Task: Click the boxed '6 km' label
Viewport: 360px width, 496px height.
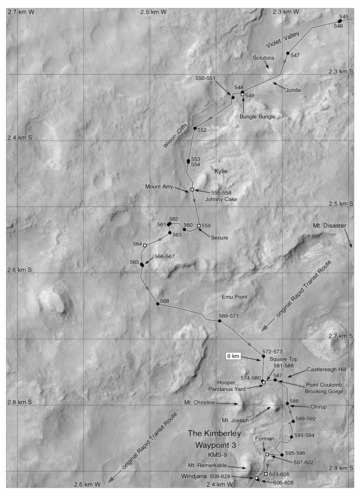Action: pyautogui.click(x=233, y=356)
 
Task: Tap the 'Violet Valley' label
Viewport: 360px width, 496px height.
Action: pyautogui.click(x=282, y=40)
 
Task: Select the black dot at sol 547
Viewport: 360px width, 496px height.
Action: pyautogui.click(x=288, y=53)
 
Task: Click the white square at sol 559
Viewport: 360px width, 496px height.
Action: pyautogui.click(x=199, y=225)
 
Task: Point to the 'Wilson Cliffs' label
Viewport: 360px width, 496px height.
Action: pyautogui.click(x=175, y=135)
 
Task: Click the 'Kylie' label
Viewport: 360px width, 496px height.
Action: pyautogui.click(x=221, y=171)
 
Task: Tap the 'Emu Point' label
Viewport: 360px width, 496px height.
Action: pyautogui.click(x=234, y=297)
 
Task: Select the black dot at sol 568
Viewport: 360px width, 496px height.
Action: pyautogui.click(x=158, y=304)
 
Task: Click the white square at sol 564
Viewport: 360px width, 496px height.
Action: pyautogui.click(x=145, y=245)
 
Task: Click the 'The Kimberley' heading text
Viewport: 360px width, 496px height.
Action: pyautogui.click(x=214, y=433)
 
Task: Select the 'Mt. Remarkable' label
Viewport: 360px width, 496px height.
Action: pyautogui.click(x=207, y=465)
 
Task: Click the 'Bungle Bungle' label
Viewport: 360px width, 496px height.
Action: pyautogui.click(x=257, y=117)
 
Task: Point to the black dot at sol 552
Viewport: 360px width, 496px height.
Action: pyautogui.click(x=195, y=128)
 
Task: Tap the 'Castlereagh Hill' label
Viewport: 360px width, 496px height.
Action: pyautogui.click(x=326, y=370)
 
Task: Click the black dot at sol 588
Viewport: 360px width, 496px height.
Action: pyautogui.click(x=287, y=403)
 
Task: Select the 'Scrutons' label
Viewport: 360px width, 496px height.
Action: pyautogui.click(x=263, y=58)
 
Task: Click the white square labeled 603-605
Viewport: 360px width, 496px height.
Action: pyautogui.click(x=266, y=474)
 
